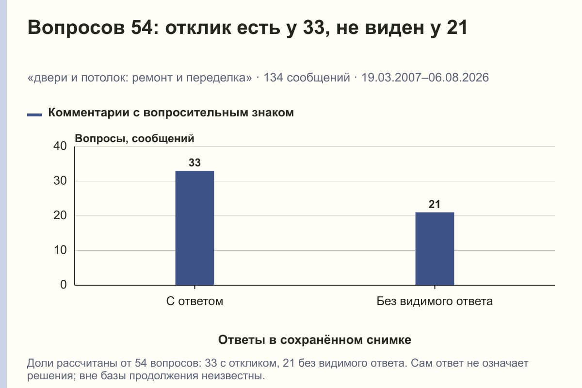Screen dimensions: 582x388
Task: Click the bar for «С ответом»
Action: [194, 228]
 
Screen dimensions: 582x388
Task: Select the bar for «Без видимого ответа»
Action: [435, 249]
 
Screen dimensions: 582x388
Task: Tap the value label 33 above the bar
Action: [194, 162]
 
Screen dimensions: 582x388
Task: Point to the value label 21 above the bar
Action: [435, 205]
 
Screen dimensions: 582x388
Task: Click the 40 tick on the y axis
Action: [60, 146]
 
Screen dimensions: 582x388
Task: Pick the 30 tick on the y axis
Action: [60, 181]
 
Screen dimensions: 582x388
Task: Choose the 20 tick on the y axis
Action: [60, 215]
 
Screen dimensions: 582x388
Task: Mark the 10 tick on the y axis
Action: [60, 250]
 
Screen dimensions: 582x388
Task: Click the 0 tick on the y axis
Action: [64, 285]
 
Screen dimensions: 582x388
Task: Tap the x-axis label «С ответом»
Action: [194, 302]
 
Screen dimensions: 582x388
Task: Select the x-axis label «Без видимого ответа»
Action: [435, 302]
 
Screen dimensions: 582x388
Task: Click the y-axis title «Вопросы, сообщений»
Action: [135, 139]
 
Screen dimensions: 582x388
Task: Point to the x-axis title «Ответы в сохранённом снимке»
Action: [315, 340]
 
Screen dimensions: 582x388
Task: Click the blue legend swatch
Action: [34, 115]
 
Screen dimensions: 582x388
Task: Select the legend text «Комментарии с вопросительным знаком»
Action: [171, 113]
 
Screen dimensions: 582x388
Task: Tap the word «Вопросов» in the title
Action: [76, 28]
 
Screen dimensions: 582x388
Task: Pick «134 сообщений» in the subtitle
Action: [307, 78]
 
